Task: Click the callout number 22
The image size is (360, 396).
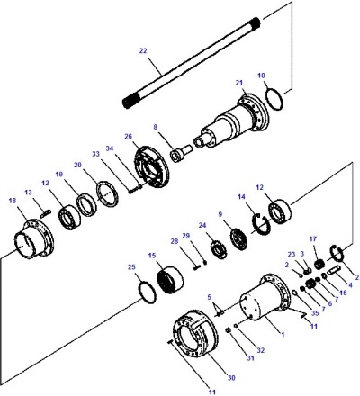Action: click(142, 51)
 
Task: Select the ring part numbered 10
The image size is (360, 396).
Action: click(274, 97)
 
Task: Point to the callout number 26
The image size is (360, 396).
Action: click(128, 137)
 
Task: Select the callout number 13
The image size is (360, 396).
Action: click(29, 193)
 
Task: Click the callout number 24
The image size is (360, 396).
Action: click(202, 226)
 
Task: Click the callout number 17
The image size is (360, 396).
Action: click(313, 239)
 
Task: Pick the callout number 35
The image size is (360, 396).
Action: click(314, 314)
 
